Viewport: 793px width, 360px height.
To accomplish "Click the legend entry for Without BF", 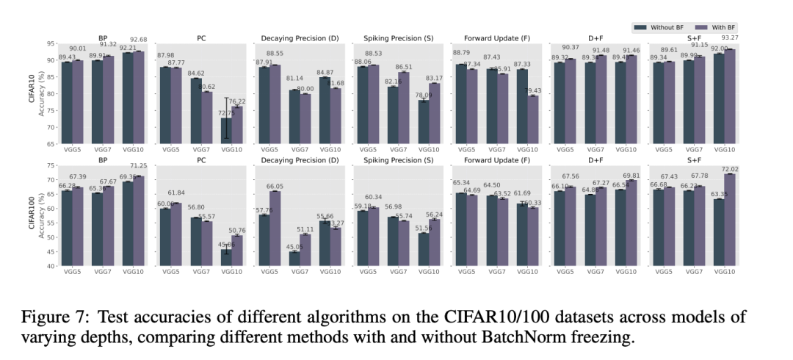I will pyautogui.click(x=660, y=27).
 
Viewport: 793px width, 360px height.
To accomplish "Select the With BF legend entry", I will pyautogui.click(x=720, y=27).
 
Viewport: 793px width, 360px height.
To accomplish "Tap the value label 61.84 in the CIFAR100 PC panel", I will pyautogui.click(x=176, y=193).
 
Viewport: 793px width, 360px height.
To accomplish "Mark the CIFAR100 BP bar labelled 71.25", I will pyautogui.click(x=140, y=220).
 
